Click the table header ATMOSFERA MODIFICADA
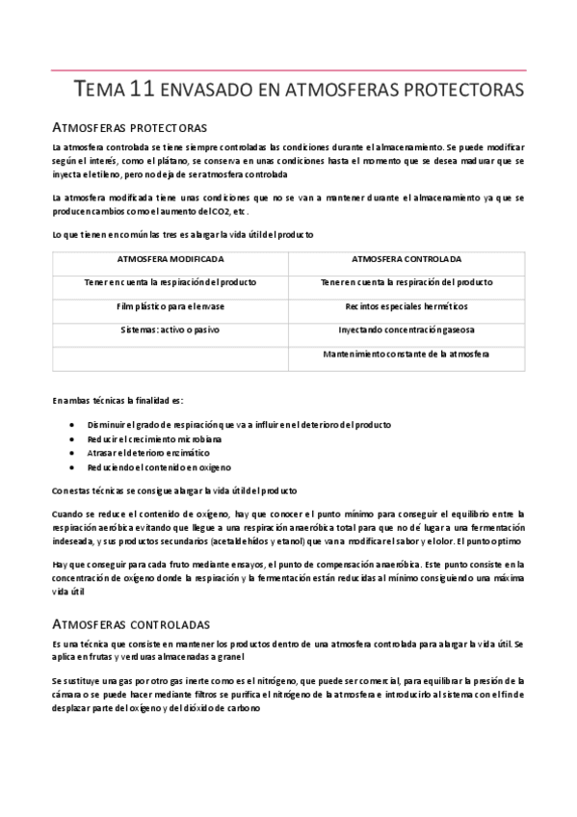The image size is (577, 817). click(170, 259)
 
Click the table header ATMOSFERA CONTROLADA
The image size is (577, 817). click(407, 259)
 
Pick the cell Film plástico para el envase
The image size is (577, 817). click(170, 306)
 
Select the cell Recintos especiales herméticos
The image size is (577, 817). click(407, 306)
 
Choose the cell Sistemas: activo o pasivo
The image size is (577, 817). click(170, 329)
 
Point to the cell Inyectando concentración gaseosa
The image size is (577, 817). click(407, 329)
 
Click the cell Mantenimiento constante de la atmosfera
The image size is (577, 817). click(407, 354)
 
